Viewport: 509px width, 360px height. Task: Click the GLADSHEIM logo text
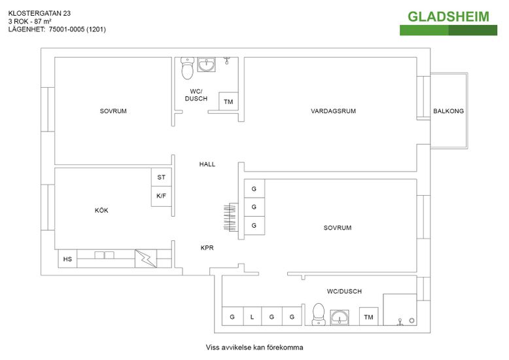[448, 16]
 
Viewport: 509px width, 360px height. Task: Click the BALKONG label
[448, 111]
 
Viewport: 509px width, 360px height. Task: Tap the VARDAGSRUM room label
[333, 111]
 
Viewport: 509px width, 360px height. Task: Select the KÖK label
[101, 210]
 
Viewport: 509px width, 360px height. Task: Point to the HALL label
[207, 164]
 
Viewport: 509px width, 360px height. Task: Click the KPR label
[207, 248]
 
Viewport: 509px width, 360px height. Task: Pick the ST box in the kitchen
[161, 177]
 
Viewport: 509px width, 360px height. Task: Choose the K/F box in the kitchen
[161, 196]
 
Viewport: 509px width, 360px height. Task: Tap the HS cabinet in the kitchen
[67, 259]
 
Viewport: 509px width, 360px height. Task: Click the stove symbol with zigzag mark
[147, 259]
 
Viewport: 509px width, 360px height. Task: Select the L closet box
[252, 317]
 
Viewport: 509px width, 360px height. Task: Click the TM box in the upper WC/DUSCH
[228, 102]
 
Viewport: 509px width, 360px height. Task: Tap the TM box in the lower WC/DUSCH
[368, 317]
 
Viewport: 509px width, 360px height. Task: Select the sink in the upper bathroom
[207, 65]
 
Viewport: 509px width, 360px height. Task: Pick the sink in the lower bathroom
[340, 317]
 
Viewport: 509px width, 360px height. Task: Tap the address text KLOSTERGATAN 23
[40, 12]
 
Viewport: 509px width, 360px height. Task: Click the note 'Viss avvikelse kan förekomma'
[254, 348]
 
